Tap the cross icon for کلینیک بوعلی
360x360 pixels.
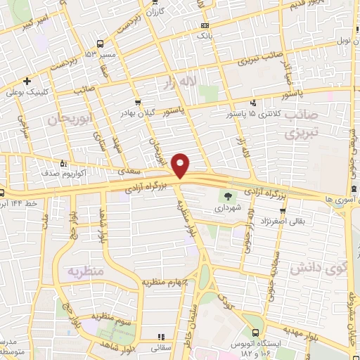(27, 80)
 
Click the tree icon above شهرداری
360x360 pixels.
(227, 195)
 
